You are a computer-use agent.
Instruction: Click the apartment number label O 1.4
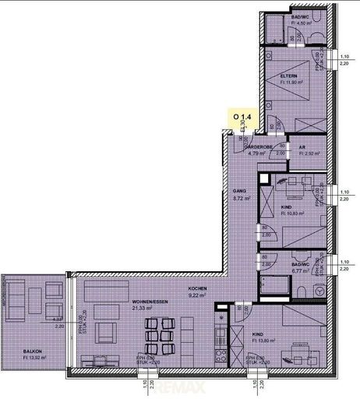(x=238, y=115)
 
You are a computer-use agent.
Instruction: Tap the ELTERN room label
(x=290, y=76)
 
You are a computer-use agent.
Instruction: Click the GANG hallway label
(x=241, y=191)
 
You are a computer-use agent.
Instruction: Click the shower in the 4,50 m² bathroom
(x=273, y=30)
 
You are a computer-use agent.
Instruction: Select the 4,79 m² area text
(x=257, y=154)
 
